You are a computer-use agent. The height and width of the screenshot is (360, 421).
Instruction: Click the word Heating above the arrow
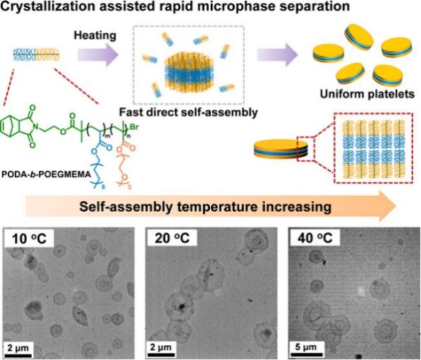pos(95,36)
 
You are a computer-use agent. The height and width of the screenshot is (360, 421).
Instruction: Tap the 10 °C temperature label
pos(30,238)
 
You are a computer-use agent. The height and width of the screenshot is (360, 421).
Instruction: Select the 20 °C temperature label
pos(172,238)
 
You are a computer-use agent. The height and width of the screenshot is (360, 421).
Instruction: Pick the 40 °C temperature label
pos(315,238)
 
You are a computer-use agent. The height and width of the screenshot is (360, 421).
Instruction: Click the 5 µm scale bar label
pos(305,347)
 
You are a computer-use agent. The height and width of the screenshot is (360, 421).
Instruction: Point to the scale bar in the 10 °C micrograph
pos(18,356)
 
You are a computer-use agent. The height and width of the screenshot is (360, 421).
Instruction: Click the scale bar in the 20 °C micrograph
pos(161,355)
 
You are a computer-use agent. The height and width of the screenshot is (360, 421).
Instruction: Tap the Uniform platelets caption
pos(367,94)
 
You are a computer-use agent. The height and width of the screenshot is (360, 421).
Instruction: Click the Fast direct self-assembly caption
pos(188,112)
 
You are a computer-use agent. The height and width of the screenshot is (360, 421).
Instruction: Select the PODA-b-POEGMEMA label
pos(46,174)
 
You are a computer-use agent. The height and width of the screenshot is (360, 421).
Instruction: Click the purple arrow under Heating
pos(98,55)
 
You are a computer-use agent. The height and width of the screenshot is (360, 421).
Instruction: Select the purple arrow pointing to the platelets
pos(278,55)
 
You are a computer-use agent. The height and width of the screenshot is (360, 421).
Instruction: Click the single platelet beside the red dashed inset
pos(281,149)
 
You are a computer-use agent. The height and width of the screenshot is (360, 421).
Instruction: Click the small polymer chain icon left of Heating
pos(36,54)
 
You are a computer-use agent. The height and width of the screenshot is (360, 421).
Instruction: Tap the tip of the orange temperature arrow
pos(396,206)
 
